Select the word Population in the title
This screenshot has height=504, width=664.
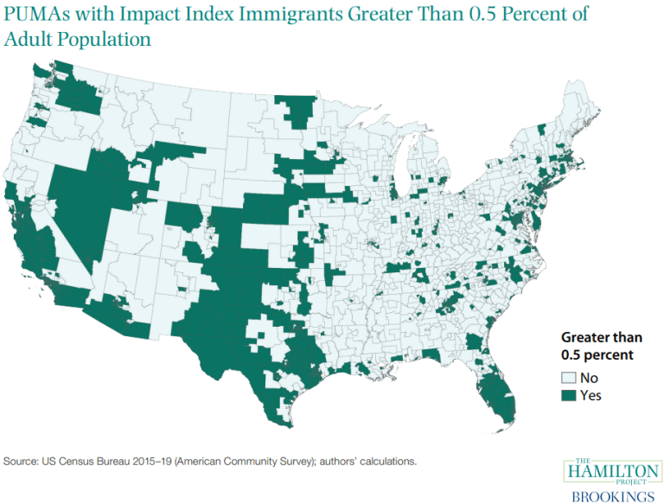click(106, 40)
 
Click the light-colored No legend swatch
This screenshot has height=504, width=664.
click(569, 378)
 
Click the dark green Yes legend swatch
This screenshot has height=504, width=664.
click(569, 395)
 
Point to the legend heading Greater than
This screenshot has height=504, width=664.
click(602, 337)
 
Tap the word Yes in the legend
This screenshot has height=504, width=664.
click(592, 395)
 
